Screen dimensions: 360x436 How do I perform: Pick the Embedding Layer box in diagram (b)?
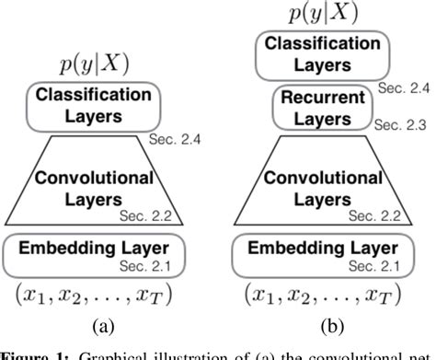pyautogui.click(x=327, y=249)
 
